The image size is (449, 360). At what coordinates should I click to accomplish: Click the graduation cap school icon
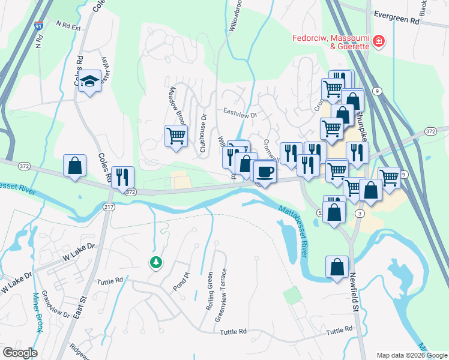(x=89, y=81)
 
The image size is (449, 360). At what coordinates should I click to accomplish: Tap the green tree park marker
(x=155, y=262)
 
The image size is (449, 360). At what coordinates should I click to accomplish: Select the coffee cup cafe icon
(x=265, y=172)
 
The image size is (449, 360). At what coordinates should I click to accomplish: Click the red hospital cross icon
(x=379, y=41)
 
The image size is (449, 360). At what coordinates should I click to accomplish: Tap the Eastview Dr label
(x=240, y=112)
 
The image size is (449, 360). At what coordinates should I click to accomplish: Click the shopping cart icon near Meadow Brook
(x=176, y=136)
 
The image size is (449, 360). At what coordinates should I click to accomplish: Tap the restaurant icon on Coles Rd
(x=122, y=177)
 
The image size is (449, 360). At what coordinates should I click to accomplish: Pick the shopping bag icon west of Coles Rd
(x=75, y=166)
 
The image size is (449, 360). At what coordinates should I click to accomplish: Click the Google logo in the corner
(x=20, y=353)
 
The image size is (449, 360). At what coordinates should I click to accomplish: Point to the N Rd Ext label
(x=68, y=26)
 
